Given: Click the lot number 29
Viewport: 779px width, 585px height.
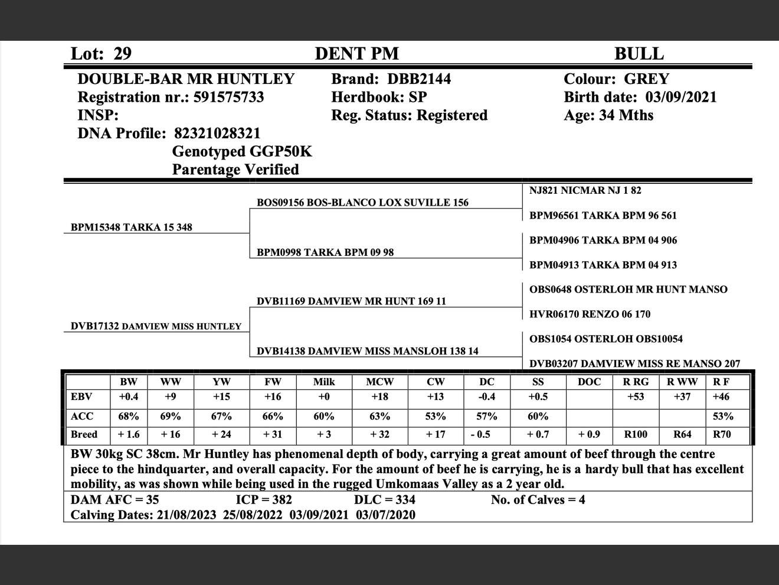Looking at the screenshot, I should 122,54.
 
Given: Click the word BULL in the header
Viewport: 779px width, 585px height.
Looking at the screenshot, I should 639,54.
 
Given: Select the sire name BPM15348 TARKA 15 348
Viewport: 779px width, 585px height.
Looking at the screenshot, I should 131,227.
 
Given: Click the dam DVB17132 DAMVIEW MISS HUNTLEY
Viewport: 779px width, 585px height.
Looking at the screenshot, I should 156,326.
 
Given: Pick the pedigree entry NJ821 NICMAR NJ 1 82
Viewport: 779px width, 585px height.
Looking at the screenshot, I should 585,190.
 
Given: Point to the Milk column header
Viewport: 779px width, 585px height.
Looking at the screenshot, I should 324,382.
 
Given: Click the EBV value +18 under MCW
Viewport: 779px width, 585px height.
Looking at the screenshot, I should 379,396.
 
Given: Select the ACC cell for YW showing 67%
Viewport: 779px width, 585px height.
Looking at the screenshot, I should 221,416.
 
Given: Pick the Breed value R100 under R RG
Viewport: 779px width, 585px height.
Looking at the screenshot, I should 636,434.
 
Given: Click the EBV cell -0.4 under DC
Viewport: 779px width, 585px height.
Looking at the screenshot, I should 486,396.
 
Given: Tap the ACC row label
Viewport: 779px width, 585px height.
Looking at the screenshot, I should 82,416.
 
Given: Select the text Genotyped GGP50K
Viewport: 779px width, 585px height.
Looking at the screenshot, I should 242,151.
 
